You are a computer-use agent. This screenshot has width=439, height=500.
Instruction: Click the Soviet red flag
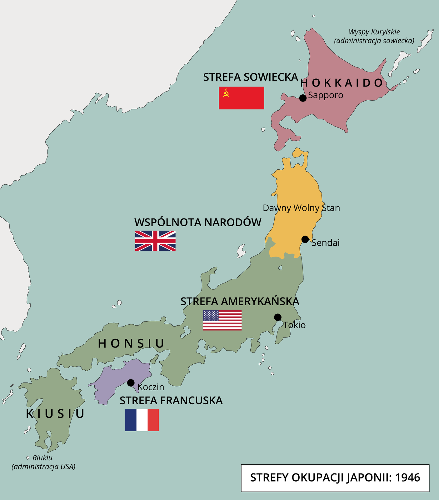click(241, 98)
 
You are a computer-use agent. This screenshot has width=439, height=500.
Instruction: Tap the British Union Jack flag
click(155, 241)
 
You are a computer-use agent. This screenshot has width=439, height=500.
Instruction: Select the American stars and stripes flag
click(222, 320)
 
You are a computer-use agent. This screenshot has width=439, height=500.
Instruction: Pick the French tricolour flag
click(142, 420)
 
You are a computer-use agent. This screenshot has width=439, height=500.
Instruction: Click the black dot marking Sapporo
click(303, 98)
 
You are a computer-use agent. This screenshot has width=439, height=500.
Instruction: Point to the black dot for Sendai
click(305, 239)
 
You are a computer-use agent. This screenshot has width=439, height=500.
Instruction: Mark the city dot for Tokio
click(277, 317)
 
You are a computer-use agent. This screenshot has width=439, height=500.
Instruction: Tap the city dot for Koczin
click(131, 383)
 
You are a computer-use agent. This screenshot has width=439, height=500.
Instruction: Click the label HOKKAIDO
click(342, 83)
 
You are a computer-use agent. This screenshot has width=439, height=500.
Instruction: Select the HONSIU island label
click(131, 344)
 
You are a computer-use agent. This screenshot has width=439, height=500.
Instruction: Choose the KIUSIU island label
click(55, 414)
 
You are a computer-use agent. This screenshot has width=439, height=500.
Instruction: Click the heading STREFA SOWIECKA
click(251, 77)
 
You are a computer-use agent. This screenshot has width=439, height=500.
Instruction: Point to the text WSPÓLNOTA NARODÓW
click(198, 222)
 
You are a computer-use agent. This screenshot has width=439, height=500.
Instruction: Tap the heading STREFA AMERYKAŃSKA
click(240, 302)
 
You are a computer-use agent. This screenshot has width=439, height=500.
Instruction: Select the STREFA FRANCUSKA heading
click(171, 401)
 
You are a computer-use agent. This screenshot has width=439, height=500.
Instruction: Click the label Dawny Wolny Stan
click(301, 208)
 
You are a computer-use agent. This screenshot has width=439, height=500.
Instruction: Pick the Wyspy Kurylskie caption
click(374, 32)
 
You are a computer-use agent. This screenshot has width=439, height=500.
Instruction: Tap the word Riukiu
click(42, 458)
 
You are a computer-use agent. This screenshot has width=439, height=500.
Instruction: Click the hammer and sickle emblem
click(226, 93)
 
